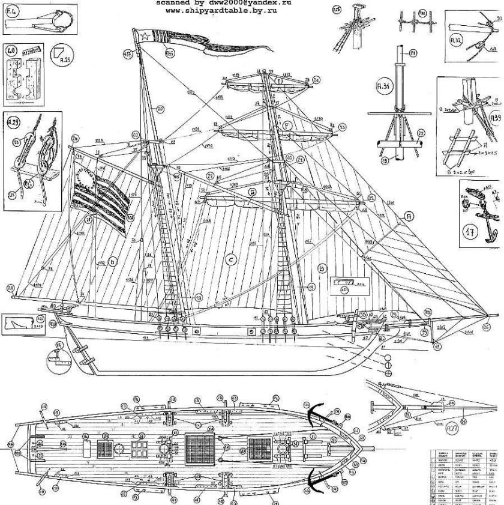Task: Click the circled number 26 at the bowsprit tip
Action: coord(485,327)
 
